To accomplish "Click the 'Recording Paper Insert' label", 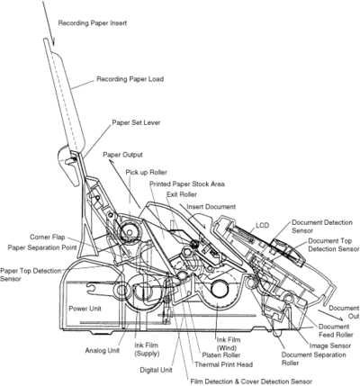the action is [x=93, y=23].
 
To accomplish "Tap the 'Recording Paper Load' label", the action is [x=130, y=79].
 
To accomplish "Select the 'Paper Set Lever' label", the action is [x=136, y=122].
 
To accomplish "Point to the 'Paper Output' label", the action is [x=122, y=155].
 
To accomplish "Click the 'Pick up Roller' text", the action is [x=146, y=173].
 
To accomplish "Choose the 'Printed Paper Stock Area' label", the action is [x=187, y=184].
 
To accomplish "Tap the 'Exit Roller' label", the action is [x=182, y=194].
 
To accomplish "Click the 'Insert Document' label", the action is [x=211, y=207].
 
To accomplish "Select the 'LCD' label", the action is [x=263, y=226].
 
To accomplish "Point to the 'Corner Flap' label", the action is [x=48, y=238].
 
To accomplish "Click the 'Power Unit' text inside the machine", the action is [x=85, y=309].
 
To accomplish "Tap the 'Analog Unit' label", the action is [x=103, y=350].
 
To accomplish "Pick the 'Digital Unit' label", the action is [x=156, y=370].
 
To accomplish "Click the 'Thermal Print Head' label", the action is [x=223, y=364].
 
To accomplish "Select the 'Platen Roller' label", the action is [x=221, y=355].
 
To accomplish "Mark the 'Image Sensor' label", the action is [x=330, y=346].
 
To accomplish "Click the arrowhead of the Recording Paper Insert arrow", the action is [x=53, y=42].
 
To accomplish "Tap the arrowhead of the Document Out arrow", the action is [x=339, y=319].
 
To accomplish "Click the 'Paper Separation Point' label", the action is [x=42, y=247].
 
